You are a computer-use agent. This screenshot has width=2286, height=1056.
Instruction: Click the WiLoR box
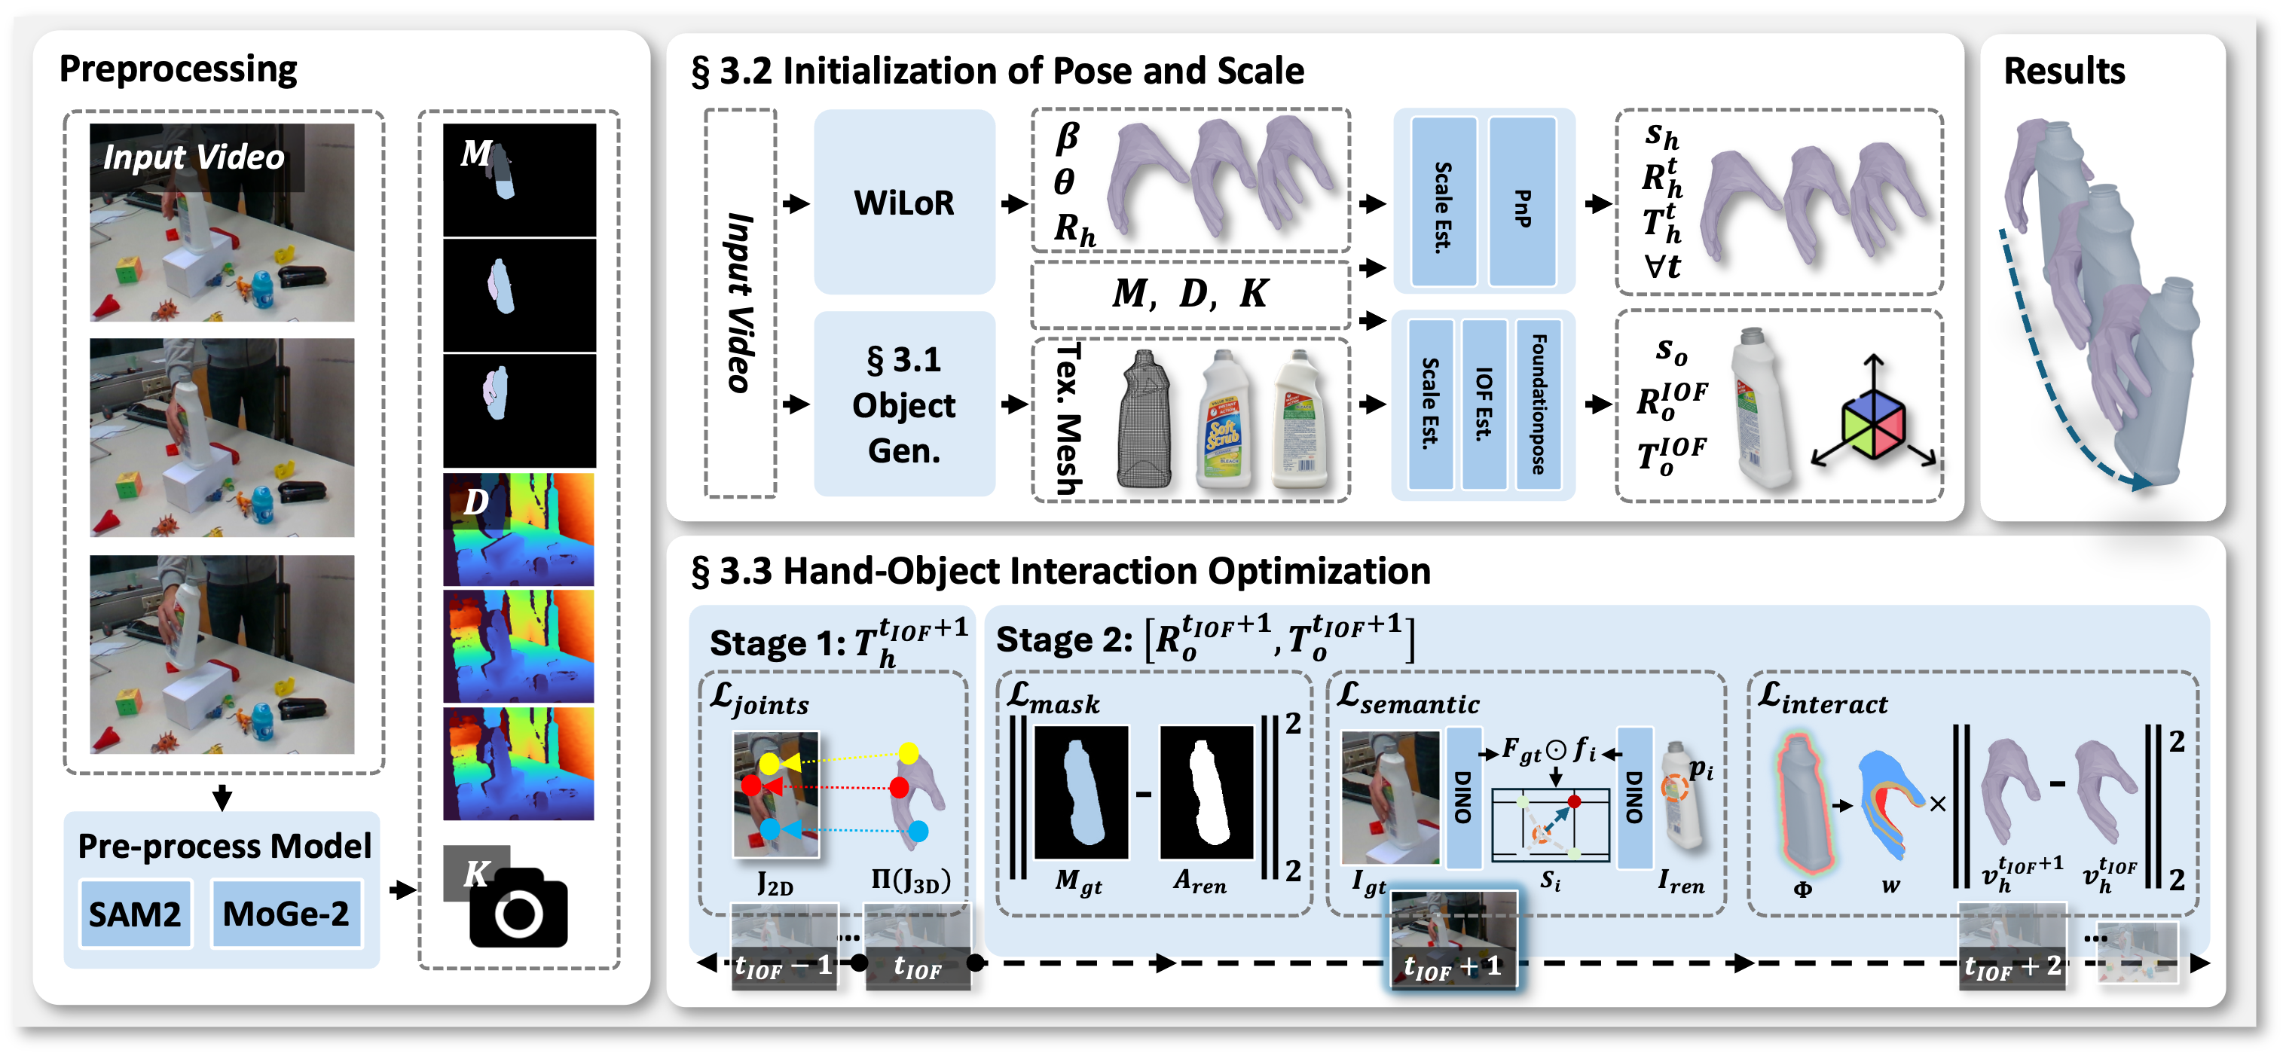coord(903,203)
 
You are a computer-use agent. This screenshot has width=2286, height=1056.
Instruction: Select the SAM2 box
coord(135,914)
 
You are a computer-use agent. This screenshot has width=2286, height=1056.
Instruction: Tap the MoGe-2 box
coord(286,914)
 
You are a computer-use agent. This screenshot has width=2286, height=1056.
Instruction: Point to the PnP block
coord(1522,203)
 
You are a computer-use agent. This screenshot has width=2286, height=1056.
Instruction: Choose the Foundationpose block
coord(1539,404)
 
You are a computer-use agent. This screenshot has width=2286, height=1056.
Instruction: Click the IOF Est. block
coord(1484,404)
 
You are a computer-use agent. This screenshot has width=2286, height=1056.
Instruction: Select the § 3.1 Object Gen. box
coord(903,404)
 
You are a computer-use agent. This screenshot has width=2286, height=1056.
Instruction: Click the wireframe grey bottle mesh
coord(1145,419)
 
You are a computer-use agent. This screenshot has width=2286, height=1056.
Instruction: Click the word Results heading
coord(2064,71)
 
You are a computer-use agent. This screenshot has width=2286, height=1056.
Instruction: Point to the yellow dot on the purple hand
coord(908,754)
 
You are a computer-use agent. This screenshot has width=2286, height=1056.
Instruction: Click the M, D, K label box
coord(1189,294)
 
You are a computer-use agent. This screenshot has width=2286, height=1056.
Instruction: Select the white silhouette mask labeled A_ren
coord(1206,793)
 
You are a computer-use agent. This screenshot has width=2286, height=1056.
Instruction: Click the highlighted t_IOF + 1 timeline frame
coord(1453,941)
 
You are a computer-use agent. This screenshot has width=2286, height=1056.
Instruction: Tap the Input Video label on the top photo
coord(194,157)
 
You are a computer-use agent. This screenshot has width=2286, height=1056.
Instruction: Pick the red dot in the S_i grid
coord(1574,801)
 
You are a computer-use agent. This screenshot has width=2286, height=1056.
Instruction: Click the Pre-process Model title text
coord(224,846)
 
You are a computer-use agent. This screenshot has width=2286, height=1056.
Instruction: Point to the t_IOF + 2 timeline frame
coord(2012,946)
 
